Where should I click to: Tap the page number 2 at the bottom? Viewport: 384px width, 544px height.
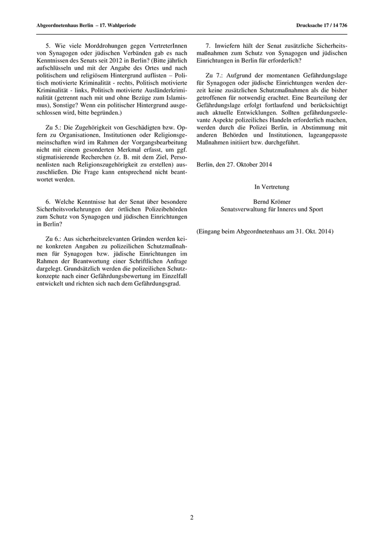click(x=192, y=517)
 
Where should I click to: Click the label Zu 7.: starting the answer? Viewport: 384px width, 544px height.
click(x=214, y=74)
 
